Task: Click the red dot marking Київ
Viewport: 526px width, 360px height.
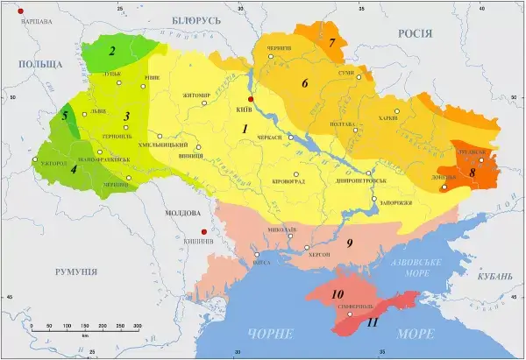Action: pyautogui.click(x=251, y=99)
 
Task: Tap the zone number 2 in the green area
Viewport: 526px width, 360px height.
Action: pyautogui.click(x=112, y=50)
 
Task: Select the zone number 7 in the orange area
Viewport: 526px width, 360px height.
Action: pyautogui.click(x=332, y=42)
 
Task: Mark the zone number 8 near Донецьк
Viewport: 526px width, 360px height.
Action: pyautogui.click(x=473, y=173)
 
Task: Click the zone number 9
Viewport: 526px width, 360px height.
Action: pyautogui.click(x=349, y=243)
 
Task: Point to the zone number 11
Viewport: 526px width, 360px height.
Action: pyautogui.click(x=373, y=322)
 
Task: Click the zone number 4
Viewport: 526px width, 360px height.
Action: pyautogui.click(x=74, y=169)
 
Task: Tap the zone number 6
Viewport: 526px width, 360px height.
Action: pyautogui.click(x=305, y=83)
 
